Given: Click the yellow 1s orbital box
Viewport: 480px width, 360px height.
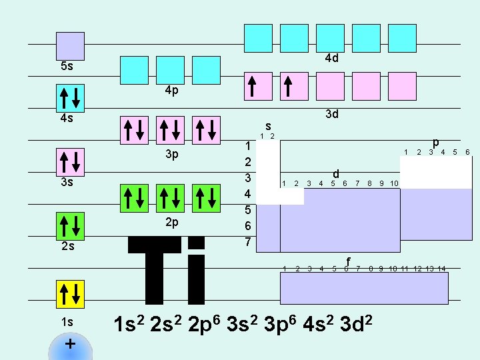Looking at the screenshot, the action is pyautogui.click(x=70, y=294).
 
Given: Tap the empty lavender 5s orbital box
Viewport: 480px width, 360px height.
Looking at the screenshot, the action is pyautogui.click(x=70, y=46).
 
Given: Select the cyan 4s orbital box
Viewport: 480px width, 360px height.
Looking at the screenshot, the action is pyautogui.click(x=70, y=98).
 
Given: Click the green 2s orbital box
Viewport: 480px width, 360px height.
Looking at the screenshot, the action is pyautogui.click(x=70, y=226).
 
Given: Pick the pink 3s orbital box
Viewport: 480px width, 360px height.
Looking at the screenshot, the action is pyautogui.click(x=70, y=162).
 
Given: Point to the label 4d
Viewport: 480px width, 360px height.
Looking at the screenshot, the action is pyautogui.click(x=332, y=58).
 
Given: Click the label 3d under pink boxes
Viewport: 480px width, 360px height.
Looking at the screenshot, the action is pyautogui.click(x=332, y=114).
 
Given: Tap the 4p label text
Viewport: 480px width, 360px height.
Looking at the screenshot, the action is pyautogui.click(x=172, y=90).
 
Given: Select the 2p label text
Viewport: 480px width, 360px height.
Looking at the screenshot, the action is pyautogui.click(x=172, y=222).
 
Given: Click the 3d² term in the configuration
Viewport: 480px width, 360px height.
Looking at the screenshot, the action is pyautogui.click(x=356, y=323).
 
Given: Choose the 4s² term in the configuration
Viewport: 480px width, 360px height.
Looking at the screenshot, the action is pyautogui.click(x=318, y=323).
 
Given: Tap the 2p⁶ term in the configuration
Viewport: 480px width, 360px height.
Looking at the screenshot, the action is pyautogui.click(x=204, y=324).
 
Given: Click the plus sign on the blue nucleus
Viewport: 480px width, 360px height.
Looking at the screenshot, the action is pyautogui.click(x=71, y=344).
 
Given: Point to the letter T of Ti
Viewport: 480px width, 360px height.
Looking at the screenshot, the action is pyautogui.click(x=154, y=270).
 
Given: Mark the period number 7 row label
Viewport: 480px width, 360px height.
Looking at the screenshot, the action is pyautogui.click(x=248, y=242).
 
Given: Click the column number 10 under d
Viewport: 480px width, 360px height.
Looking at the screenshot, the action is pyautogui.click(x=394, y=183).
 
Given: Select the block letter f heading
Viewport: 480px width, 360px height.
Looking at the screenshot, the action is pyautogui.click(x=348, y=261).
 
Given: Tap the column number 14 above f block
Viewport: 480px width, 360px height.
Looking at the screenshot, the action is pyautogui.click(x=441, y=269).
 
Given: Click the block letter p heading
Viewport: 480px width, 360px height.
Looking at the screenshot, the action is pyautogui.click(x=436, y=143).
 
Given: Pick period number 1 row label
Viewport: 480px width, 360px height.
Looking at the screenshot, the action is pyautogui.click(x=248, y=146).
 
